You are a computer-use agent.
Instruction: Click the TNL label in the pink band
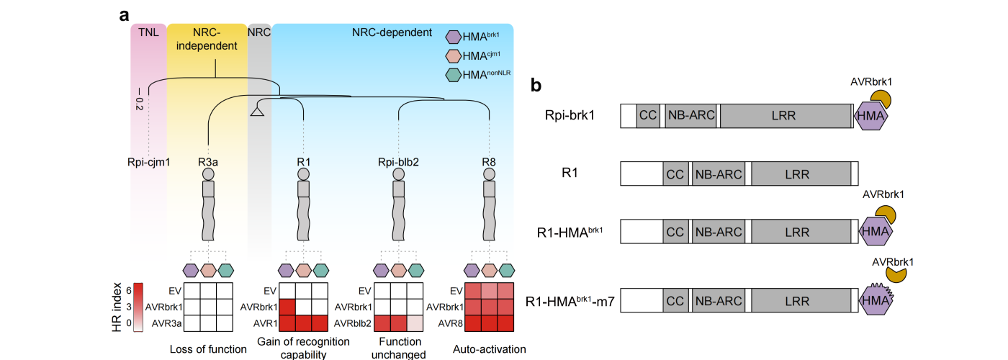[148, 32]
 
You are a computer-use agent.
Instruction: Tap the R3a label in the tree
[208, 162]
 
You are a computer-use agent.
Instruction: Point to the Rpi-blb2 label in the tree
[399, 162]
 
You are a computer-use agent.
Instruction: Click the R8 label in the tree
[490, 162]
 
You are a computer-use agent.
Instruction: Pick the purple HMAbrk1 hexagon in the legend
[455, 37]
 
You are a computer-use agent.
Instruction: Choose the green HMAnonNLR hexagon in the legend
[455, 74]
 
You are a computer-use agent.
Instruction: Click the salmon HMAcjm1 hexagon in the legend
[455, 55]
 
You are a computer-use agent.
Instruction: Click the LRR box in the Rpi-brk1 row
[785, 115]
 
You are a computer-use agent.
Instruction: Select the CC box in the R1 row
[675, 174]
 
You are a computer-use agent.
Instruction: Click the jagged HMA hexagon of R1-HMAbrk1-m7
[874, 300]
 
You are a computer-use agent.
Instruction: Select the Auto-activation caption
[490, 351]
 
